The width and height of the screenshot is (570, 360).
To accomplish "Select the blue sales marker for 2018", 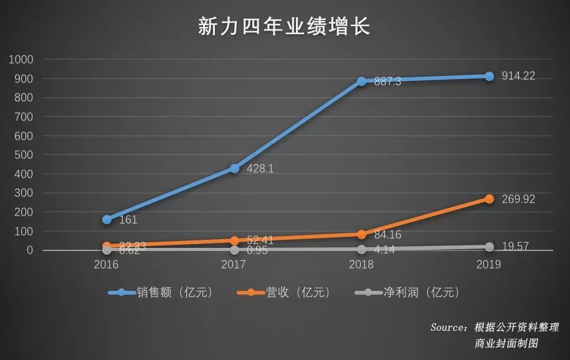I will tap(361, 81).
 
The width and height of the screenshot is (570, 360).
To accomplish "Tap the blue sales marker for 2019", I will tap(489, 76).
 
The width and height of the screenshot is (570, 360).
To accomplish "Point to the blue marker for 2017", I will tap(234, 168).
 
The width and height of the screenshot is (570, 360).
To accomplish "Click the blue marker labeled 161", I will tap(107, 219).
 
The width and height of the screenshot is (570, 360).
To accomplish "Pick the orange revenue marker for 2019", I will tap(489, 199).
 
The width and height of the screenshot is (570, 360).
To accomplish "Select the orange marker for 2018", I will tap(361, 234).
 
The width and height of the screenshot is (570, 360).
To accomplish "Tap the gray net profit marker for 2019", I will tap(489, 247).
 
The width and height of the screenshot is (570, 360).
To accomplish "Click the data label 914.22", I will tap(518, 76).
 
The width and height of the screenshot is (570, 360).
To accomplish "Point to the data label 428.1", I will tap(260, 168).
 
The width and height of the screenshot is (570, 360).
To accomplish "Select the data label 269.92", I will tap(518, 199).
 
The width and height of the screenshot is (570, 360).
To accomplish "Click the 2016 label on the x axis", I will tap(107, 265).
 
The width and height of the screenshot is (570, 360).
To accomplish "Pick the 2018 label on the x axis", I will tap(361, 265).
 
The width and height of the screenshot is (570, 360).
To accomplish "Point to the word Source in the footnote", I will tap(447, 327).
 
